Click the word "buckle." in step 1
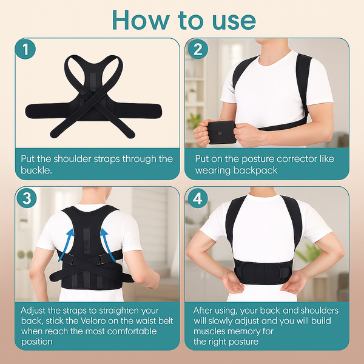point(37,170)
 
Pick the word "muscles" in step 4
point(212,331)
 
